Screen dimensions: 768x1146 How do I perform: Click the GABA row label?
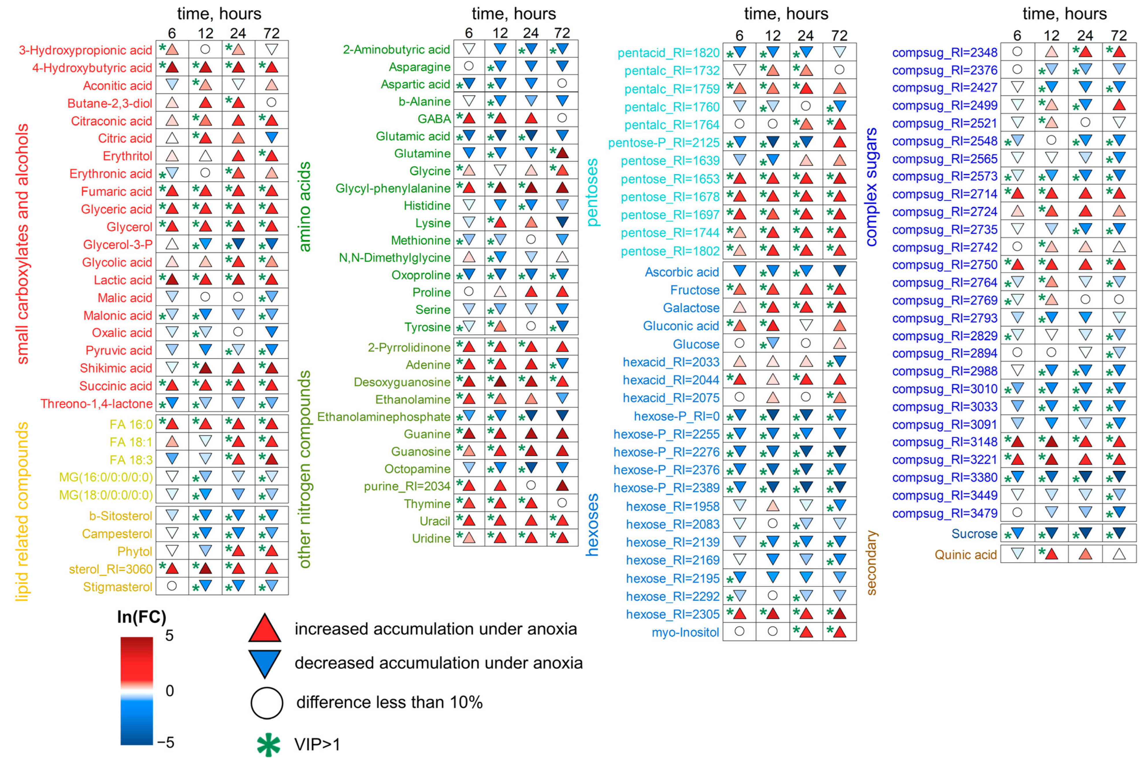(x=434, y=119)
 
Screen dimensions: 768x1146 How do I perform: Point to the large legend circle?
(x=267, y=703)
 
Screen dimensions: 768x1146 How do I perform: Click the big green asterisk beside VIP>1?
(x=269, y=745)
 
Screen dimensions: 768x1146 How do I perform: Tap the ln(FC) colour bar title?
(x=141, y=617)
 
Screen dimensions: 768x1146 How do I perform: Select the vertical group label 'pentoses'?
(x=592, y=193)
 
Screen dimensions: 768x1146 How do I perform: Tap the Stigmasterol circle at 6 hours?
(x=172, y=586)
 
